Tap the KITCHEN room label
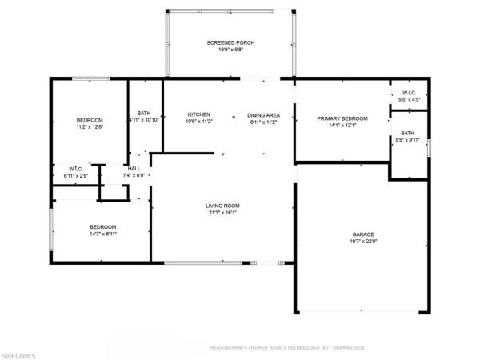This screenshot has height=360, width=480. click(198, 114)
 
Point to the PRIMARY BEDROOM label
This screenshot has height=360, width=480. click(342, 118)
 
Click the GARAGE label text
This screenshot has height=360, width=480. click(362, 234)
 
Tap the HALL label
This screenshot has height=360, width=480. click(134, 168)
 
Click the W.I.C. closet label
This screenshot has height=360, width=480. click(408, 94)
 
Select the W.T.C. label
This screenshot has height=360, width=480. click(77, 168)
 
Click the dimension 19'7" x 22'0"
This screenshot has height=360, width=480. click(362, 241)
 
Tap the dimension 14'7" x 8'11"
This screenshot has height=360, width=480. click(102, 234)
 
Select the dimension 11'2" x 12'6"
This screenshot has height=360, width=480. click(90, 126)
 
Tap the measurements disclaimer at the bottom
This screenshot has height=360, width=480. click(287, 348)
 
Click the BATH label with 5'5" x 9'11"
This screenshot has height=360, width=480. click(408, 133)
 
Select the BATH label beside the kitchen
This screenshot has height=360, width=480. click(144, 113)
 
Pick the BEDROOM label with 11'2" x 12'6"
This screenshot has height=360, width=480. click(90, 119)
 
